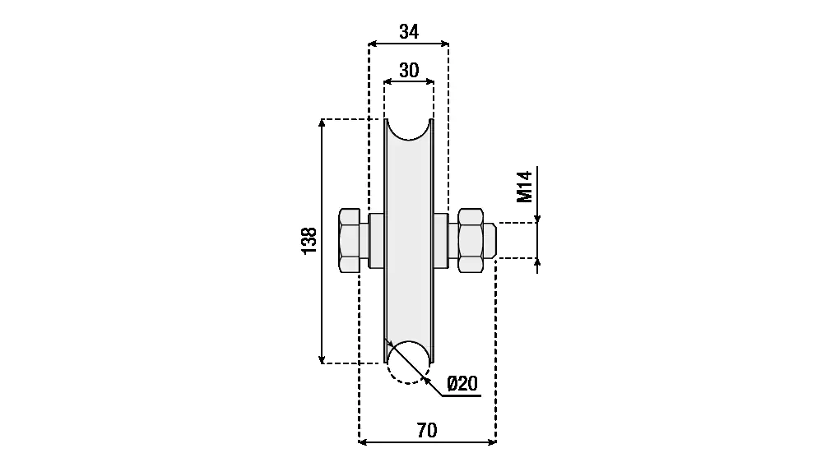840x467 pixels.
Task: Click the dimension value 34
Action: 409,32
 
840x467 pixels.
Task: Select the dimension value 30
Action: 409,71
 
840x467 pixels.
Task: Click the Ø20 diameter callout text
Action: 462,383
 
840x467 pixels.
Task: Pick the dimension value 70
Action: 428,430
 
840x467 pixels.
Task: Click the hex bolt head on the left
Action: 349,241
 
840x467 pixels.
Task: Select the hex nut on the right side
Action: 470,241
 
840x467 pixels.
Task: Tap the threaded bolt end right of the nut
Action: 489,241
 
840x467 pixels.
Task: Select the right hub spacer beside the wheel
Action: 441,241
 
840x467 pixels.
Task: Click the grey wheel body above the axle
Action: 409,177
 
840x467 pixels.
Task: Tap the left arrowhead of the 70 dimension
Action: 363,442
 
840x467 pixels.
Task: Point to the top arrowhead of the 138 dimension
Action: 322,124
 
